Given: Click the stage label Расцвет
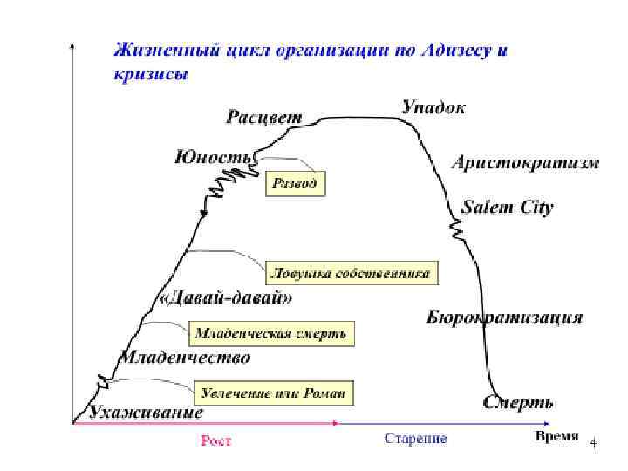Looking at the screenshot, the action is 265,116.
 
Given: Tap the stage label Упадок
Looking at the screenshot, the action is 433,107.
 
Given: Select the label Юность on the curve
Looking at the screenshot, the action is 214,157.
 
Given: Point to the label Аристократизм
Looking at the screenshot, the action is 525,163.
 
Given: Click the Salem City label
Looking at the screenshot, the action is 507,208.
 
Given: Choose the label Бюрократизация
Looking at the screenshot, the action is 504,317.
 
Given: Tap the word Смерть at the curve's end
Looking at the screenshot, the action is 518,403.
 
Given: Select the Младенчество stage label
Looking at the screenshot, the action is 186,358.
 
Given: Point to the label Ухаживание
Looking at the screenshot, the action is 147,412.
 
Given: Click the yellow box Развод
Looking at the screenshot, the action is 296,184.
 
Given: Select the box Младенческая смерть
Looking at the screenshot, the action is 270,333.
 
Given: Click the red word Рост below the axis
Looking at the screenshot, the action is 216,440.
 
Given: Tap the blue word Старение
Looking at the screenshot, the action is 415,439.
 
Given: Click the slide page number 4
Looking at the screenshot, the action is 593,444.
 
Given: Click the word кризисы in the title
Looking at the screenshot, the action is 150,74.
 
